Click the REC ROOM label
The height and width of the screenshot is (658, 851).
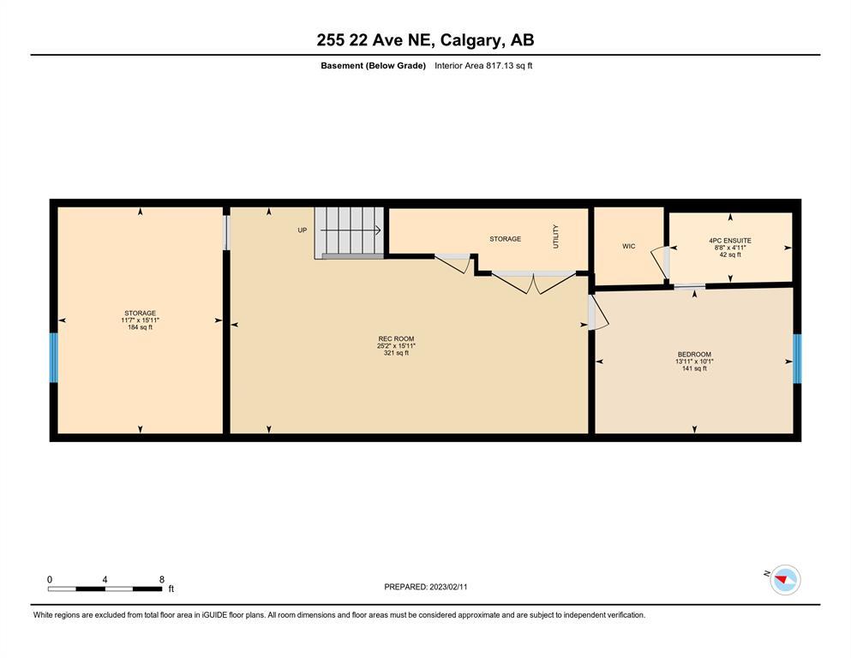point(396,338)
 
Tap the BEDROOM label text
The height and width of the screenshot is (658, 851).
point(694,354)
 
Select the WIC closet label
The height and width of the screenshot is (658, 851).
point(628,246)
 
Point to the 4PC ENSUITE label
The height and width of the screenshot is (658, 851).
point(730,240)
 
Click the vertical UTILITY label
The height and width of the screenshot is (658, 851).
point(555,236)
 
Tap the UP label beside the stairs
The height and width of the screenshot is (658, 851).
point(303,230)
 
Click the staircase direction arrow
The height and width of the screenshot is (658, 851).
point(350,230)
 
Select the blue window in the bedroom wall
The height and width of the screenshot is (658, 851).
point(797,359)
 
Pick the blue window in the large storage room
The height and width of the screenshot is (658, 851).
point(54,357)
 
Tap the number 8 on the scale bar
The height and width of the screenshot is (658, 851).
point(162,579)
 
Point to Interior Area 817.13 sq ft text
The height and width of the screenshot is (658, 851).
point(483,66)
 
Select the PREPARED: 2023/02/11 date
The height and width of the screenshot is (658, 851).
point(425,587)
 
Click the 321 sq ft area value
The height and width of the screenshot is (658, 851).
point(396,353)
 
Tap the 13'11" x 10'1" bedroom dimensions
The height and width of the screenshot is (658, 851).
point(694,362)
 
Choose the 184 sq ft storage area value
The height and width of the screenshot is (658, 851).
point(140,327)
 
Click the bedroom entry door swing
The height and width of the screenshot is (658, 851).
point(598,313)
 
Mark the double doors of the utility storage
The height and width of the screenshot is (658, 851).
point(534,282)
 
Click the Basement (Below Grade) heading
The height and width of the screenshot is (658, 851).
point(373,66)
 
